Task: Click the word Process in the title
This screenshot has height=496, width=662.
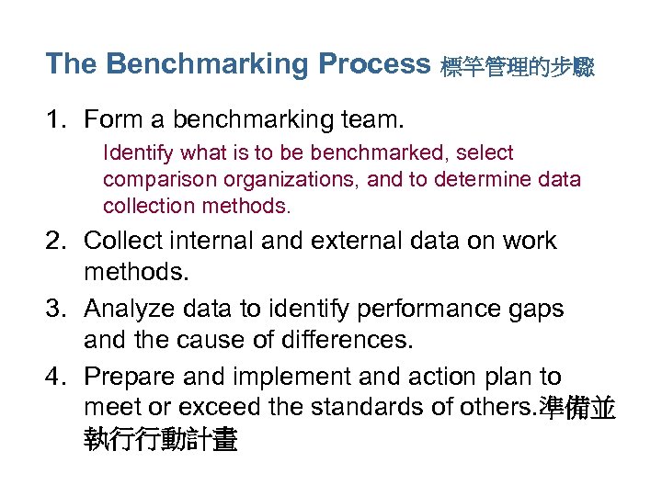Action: pos(374,64)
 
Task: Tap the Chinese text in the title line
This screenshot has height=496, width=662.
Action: pos(518,67)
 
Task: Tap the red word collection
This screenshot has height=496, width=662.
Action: pos(145,206)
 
